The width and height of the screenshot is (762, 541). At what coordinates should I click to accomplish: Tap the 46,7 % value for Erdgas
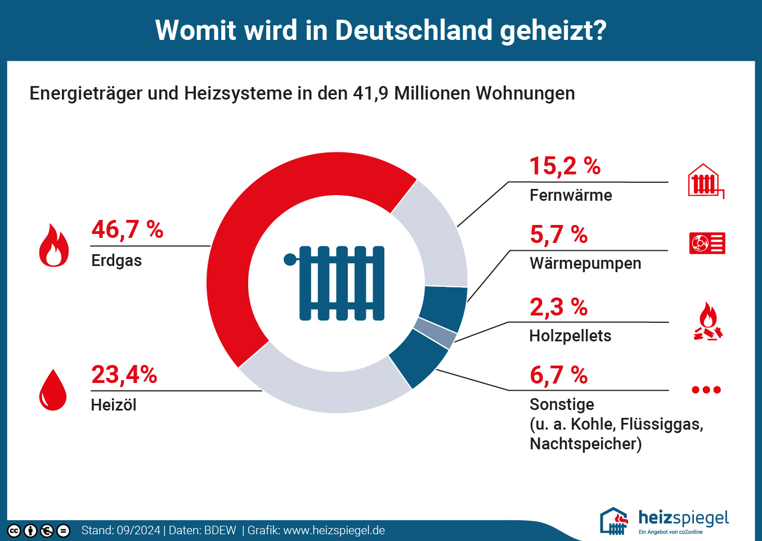tap(127, 229)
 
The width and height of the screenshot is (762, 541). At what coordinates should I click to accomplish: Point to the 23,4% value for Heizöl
tap(124, 375)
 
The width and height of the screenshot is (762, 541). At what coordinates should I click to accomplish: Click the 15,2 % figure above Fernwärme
tap(565, 166)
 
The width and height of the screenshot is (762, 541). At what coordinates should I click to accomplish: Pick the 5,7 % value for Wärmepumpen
tap(559, 235)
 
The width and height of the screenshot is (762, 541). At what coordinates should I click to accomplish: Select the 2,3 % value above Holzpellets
tap(559, 307)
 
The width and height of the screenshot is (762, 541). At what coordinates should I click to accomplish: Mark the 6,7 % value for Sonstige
tap(559, 375)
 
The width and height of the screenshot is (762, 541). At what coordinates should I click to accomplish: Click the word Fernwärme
tap(571, 195)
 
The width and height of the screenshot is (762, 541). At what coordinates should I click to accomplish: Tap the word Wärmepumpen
tap(585, 263)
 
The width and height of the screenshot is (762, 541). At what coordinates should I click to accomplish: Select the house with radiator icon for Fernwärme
tap(705, 181)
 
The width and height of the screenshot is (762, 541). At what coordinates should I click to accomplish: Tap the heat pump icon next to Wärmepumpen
tap(707, 243)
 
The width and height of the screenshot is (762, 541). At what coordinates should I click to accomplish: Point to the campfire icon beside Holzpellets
tap(708, 322)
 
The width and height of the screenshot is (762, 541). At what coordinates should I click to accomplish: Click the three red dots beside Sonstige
tap(706, 390)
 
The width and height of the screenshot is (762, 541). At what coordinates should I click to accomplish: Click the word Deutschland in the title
tap(414, 30)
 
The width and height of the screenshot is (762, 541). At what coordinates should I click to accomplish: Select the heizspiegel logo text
tap(683, 517)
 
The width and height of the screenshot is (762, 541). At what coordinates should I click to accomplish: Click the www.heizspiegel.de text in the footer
tap(334, 530)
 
